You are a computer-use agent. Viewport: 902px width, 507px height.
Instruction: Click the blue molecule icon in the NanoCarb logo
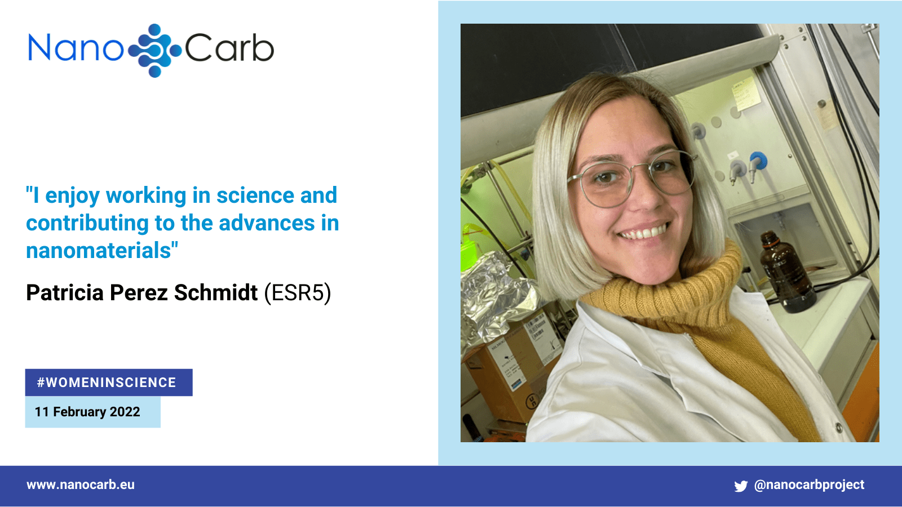coord(155,50)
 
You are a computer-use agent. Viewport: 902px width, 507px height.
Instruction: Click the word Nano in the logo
coord(76,48)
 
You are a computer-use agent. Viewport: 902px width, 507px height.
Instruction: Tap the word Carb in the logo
coord(229,48)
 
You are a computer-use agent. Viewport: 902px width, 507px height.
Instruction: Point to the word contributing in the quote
coord(87,224)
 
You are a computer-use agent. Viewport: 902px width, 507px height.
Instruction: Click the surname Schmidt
coord(216,292)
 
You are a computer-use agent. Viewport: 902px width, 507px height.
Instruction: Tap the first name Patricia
coord(65,292)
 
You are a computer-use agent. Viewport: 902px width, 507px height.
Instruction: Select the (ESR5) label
coord(298,292)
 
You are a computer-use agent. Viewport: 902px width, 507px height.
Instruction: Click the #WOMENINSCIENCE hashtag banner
coord(109,383)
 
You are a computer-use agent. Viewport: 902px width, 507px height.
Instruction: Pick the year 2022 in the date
coord(125,412)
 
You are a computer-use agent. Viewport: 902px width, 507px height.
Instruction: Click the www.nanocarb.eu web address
coord(81,485)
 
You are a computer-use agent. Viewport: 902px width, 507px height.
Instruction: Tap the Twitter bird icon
coord(741,486)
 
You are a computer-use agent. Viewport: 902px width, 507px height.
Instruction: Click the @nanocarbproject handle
coord(809,485)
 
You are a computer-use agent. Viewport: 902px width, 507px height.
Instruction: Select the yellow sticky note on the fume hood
coord(745,94)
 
